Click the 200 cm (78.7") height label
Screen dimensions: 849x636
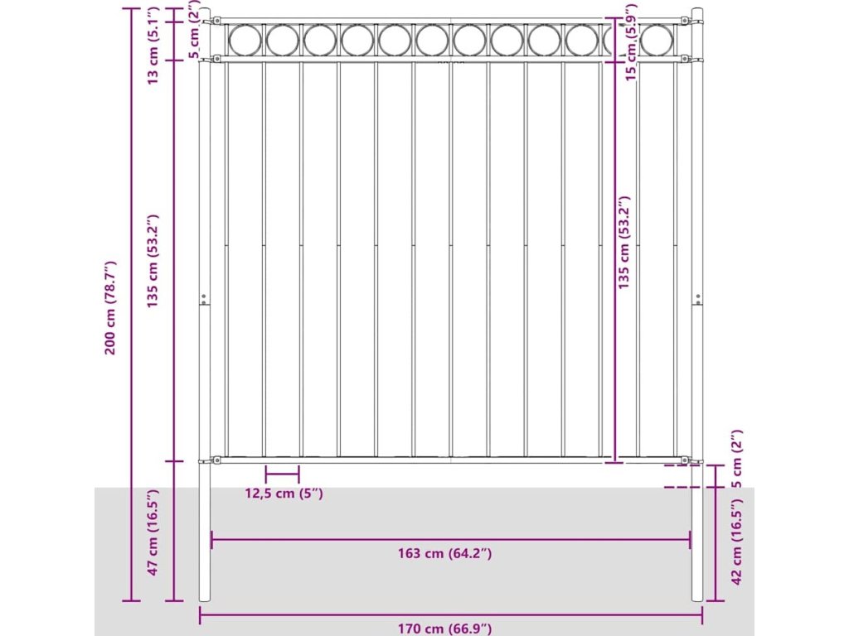110,307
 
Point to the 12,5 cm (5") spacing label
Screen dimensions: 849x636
284,494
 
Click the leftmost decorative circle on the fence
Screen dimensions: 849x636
245,40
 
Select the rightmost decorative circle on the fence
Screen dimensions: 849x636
657,40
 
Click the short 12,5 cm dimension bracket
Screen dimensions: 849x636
282,475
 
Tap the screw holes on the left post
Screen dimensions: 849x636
204,298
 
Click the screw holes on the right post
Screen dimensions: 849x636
697,298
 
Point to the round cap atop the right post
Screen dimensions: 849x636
697,13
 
